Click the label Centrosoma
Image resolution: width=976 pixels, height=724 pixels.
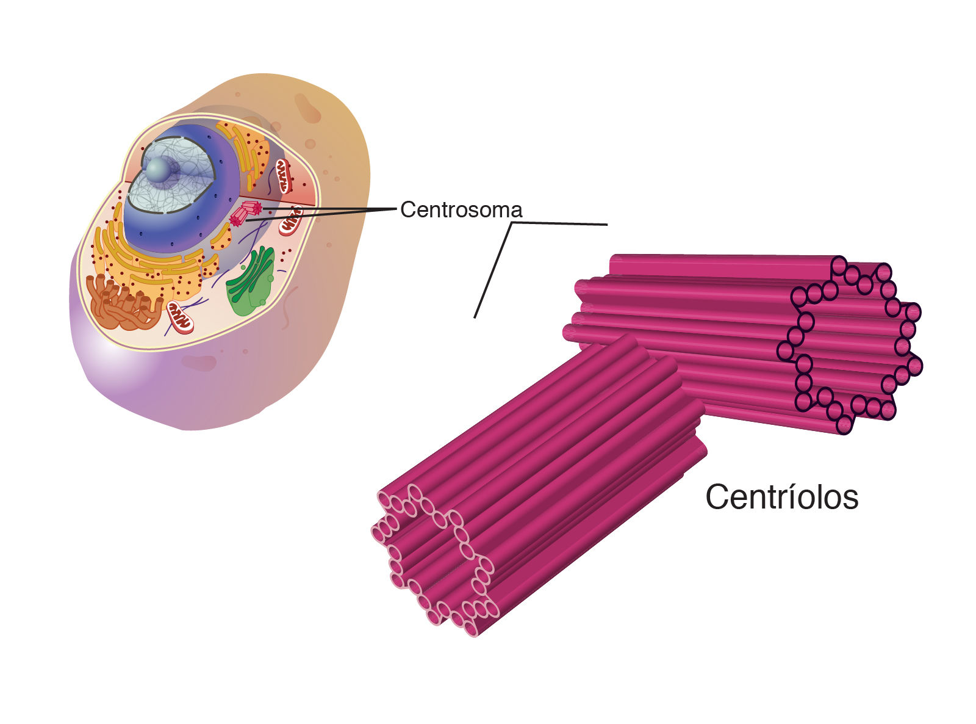coord(461,210)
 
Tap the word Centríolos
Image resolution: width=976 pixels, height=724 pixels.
coord(781,497)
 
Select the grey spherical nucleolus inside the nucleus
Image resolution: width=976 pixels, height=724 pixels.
coord(160,170)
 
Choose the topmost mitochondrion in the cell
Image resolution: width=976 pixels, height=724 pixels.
coord(284,175)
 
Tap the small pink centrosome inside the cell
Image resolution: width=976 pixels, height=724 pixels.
coord(245,214)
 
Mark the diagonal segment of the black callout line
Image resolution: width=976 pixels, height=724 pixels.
coord(493,270)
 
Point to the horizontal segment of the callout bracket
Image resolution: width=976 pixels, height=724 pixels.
coord(559,224)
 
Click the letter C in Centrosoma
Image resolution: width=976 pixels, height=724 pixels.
coord(407,210)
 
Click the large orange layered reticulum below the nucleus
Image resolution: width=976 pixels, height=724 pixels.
coord(152,269)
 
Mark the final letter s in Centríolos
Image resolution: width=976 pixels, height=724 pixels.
coord(850,499)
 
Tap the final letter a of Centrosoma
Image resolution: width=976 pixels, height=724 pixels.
coord(517,211)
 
